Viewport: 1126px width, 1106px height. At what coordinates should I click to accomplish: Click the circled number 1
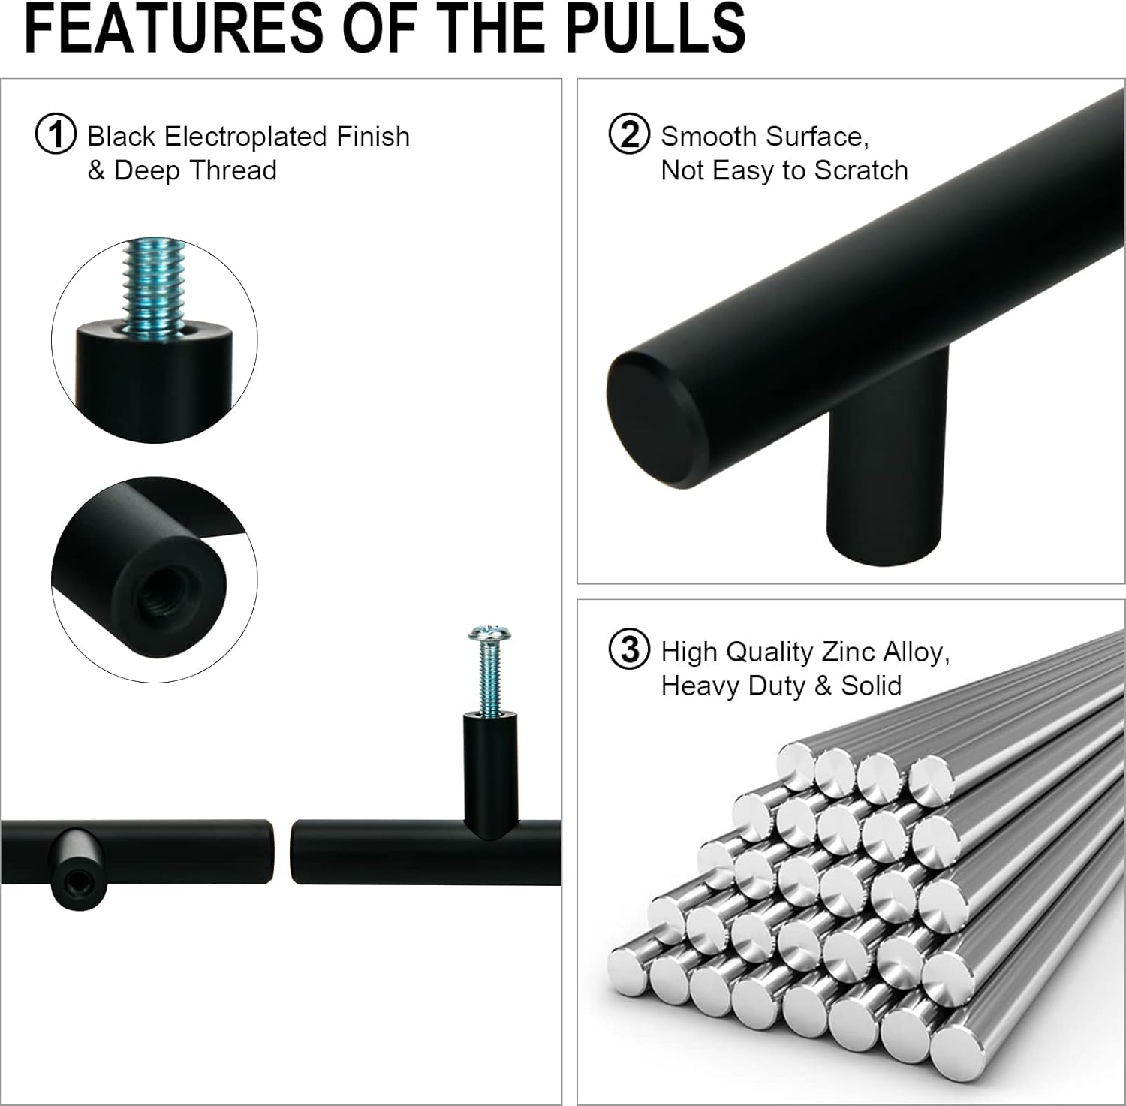[x=56, y=135]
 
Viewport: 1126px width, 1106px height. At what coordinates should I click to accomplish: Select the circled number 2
[x=629, y=135]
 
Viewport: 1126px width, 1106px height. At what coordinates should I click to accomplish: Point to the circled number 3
[x=629, y=650]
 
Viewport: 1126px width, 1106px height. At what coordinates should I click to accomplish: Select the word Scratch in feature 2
[x=861, y=170]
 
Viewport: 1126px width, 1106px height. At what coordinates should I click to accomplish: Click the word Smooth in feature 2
[x=709, y=137]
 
